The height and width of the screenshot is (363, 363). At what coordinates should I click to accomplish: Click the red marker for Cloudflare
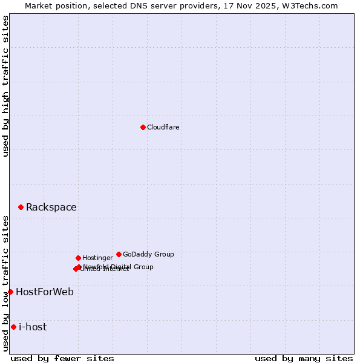click(x=143, y=127)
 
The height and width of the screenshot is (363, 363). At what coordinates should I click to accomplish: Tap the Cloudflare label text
click(x=163, y=128)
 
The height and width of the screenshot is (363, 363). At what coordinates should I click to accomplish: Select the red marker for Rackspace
click(x=21, y=207)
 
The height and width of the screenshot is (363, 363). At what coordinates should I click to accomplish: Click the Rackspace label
click(x=51, y=208)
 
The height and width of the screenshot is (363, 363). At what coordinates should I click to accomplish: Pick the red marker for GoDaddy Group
click(x=119, y=254)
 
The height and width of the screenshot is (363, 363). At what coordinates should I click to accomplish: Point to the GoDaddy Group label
click(x=148, y=255)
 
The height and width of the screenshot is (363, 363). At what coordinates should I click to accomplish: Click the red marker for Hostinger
click(x=78, y=258)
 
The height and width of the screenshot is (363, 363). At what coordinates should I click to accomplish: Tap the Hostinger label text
click(x=97, y=258)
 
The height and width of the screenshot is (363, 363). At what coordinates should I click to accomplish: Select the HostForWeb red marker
click(x=10, y=292)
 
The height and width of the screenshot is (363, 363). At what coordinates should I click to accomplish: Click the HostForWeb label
click(x=45, y=292)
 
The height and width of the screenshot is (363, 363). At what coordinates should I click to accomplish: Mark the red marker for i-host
click(x=13, y=327)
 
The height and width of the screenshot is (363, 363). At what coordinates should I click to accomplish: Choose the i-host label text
click(x=33, y=327)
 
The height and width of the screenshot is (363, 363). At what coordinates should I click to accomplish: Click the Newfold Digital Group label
click(x=119, y=267)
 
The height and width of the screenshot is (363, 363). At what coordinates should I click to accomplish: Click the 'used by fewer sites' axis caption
click(x=62, y=358)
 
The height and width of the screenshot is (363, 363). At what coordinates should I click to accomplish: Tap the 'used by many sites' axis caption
click(x=304, y=358)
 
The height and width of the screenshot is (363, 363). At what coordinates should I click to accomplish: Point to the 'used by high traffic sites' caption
click(x=5, y=86)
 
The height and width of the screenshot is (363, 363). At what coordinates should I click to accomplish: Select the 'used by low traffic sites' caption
click(x=5, y=283)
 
